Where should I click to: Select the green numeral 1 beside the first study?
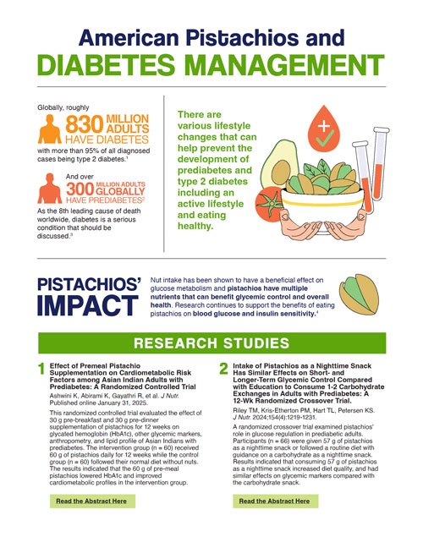[40, 369]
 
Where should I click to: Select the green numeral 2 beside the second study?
[222, 369]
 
